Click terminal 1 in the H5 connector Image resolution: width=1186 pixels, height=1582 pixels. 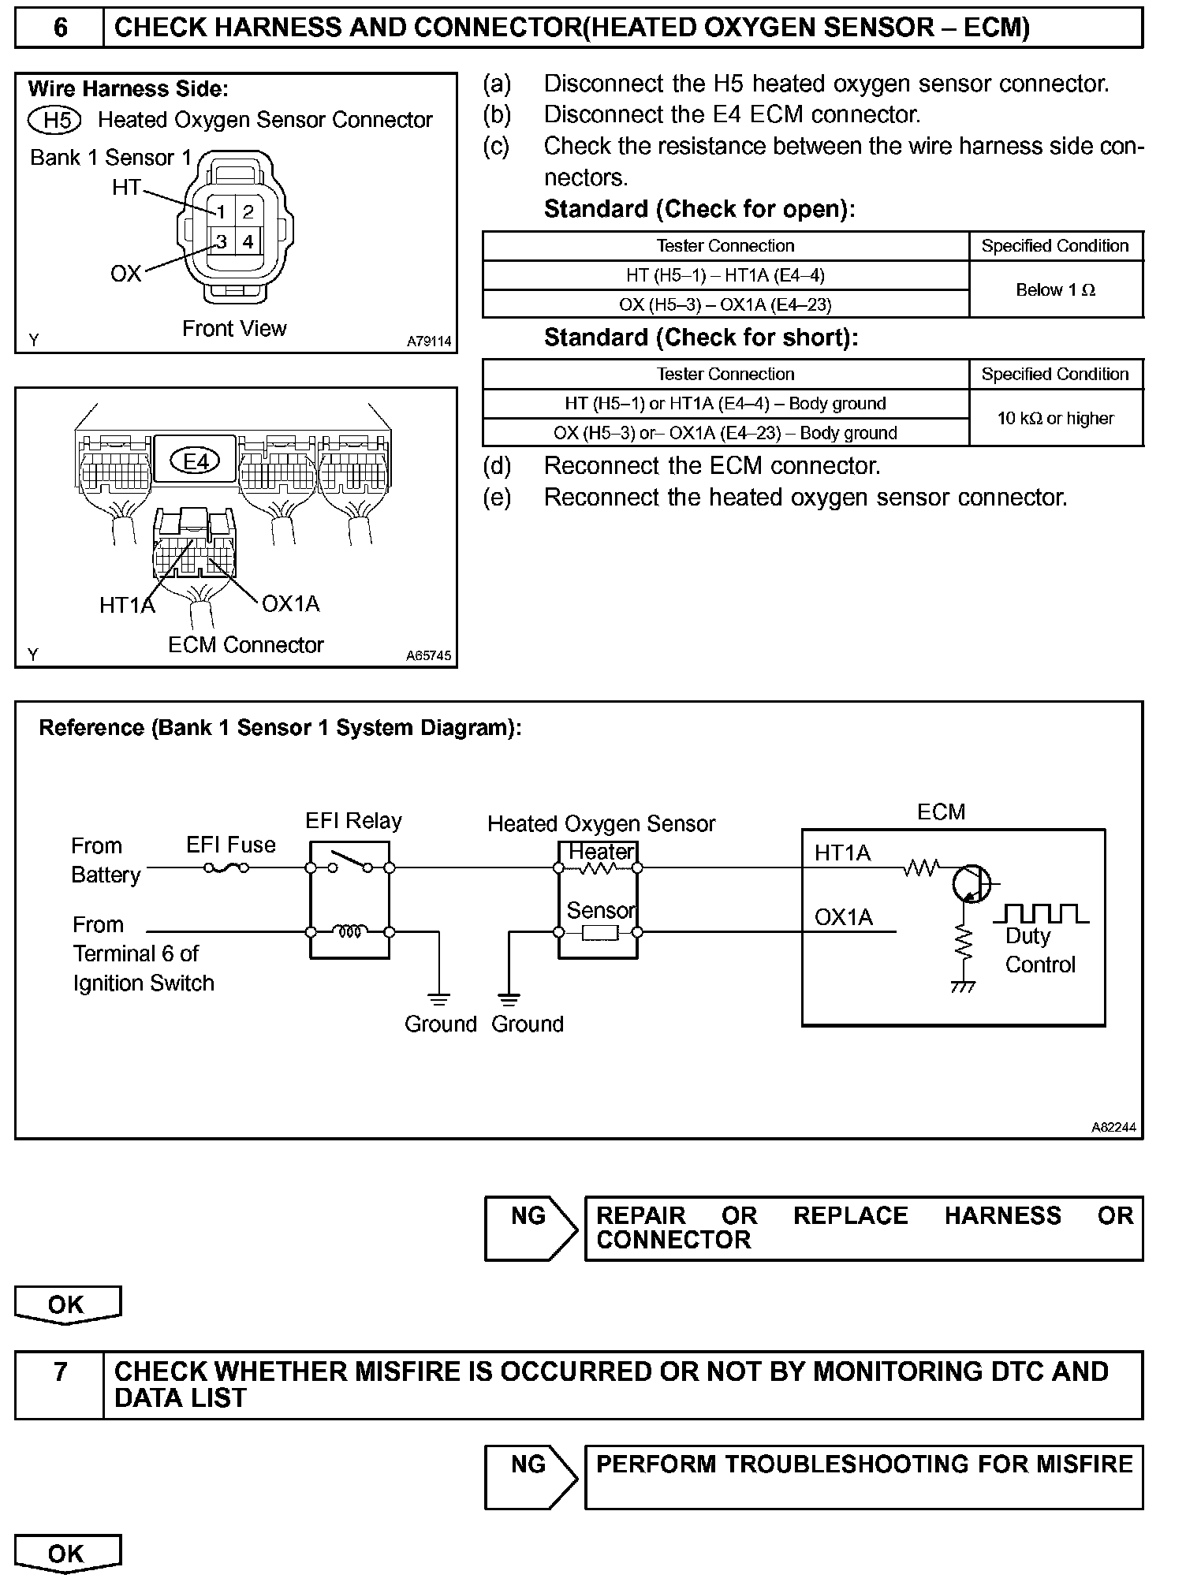(x=222, y=211)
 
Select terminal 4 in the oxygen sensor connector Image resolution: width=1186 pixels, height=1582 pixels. (x=248, y=241)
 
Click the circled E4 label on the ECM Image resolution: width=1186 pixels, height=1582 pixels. (x=196, y=461)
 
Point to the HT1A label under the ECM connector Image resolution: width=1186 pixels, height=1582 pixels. (x=127, y=605)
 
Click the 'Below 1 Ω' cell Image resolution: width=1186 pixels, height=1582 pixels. (x=1055, y=289)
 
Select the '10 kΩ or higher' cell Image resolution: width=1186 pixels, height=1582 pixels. (x=1055, y=418)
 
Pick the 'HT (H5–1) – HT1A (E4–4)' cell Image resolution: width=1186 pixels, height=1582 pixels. (x=725, y=275)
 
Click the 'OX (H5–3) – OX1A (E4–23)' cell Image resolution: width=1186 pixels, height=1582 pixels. (x=725, y=304)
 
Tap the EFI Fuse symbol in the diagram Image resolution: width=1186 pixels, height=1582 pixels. (x=226, y=868)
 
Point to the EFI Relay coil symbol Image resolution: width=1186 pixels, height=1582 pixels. (x=350, y=932)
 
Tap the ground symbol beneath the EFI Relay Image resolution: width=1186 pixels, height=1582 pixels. (x=439, y=998)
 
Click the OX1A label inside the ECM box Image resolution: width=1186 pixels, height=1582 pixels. (x=843, y=918)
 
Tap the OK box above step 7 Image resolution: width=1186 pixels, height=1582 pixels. (x=67, y=1304)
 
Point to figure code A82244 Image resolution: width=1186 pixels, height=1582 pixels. (x=1113, y=1128)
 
